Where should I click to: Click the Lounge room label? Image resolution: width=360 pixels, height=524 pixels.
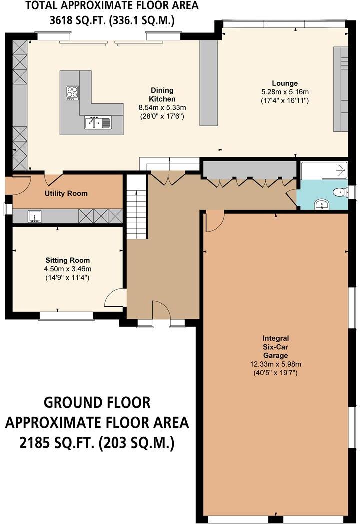point(285,83)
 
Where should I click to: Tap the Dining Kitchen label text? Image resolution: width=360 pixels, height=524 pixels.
point(162,95)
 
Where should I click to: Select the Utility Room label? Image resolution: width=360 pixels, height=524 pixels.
point(66,193)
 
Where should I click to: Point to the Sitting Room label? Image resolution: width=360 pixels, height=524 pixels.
point(68,260)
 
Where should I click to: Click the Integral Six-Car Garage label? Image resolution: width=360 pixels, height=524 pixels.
point(276,347)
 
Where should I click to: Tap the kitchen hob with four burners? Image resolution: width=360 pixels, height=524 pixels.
point(72,93)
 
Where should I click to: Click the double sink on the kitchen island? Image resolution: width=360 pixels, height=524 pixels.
point(97,122)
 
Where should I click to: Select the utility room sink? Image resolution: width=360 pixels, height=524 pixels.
point(34,216)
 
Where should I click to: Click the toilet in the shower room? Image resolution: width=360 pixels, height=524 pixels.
point(340,192)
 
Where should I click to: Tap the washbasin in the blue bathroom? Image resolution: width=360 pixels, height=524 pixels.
point(322,204)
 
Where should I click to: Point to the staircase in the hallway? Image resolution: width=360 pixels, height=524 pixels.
point(136,206)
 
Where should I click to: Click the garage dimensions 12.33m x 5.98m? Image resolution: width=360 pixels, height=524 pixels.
point(276,364)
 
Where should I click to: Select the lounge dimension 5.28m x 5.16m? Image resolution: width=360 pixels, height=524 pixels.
point(285,92)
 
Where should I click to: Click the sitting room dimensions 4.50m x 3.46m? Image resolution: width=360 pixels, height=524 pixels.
point(68,269)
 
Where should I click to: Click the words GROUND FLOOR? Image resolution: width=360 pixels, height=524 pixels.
point(97,402)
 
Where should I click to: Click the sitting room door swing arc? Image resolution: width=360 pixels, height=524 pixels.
point(112,296)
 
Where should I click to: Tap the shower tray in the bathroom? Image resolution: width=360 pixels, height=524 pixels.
point(324,171)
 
